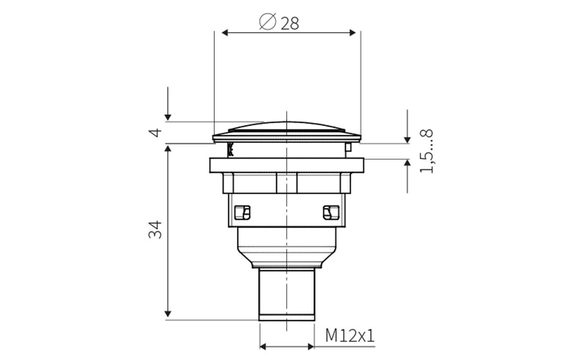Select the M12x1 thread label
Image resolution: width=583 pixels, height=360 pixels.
pos(350,336)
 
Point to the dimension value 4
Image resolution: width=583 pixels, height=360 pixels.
pos(155,132)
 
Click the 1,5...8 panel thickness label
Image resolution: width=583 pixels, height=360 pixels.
pos(426,151)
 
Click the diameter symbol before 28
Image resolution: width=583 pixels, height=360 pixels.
pos(267,22)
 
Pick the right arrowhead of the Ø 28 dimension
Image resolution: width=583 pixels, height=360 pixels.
pos(353,33)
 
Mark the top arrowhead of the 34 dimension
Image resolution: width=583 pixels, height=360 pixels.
pos(168,149)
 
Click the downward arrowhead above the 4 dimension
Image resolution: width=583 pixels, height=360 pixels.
pos(168,117)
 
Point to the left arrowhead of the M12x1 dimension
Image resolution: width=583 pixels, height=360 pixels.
pos(264,346)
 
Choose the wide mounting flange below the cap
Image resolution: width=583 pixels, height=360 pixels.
pos(287,165)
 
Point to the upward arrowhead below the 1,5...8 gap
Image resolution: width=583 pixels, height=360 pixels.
pos(407,163)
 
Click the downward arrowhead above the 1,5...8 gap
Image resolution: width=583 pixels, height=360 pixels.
pos(407,139)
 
